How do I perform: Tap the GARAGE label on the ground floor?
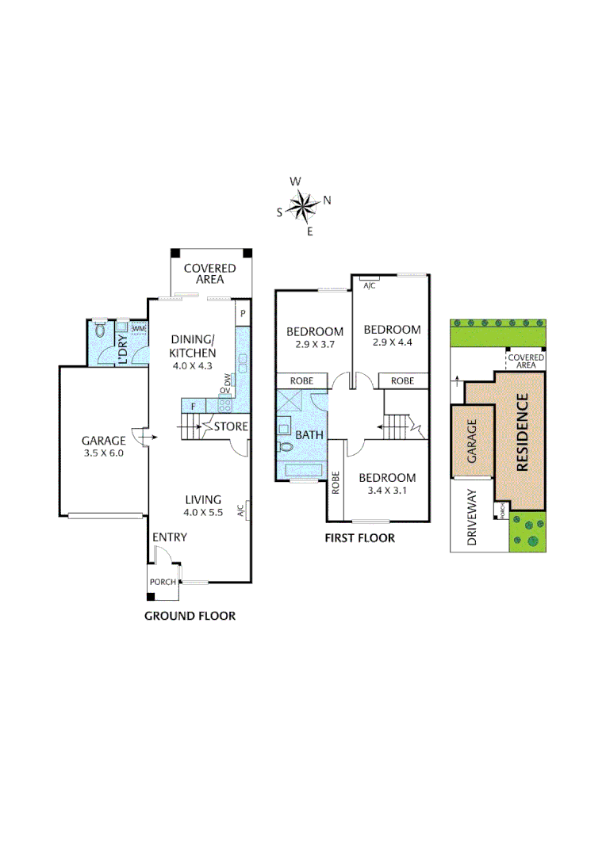coord(103,441)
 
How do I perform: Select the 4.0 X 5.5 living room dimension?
coord(203,512)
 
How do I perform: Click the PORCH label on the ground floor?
coord(163,582)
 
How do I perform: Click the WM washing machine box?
coord(139,328)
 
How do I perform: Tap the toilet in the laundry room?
coord(100,331)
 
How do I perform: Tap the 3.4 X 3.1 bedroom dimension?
coord(387,491)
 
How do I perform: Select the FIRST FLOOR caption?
coord(359,538)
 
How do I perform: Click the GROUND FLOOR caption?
coord(190,615)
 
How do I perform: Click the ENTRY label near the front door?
coord(170,537)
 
